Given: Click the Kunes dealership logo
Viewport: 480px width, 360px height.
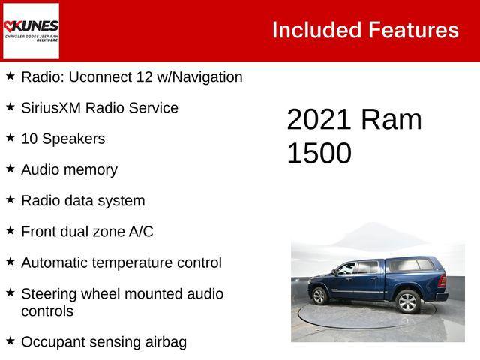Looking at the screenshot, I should coord(31,31).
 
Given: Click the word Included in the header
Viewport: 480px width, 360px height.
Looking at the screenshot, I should coord(316,30).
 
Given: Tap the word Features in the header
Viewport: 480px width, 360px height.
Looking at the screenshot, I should coord(413,30).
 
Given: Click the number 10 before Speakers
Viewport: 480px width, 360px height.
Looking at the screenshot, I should coord(29,139).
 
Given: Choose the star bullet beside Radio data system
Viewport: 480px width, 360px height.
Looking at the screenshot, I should coord(10,199).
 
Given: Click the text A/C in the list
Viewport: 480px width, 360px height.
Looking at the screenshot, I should coord(140,232).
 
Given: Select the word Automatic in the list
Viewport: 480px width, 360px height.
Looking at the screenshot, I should coord(55,262).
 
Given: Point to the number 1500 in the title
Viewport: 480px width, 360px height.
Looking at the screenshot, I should coord(319,153).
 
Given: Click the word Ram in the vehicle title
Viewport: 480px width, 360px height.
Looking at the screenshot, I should coord(391,120).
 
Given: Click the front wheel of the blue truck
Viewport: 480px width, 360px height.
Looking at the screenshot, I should coord(319,295).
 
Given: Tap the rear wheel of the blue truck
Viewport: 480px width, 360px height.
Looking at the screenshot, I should coord(407,301).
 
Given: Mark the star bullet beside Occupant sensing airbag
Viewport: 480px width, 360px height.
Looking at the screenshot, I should coord(10,340).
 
